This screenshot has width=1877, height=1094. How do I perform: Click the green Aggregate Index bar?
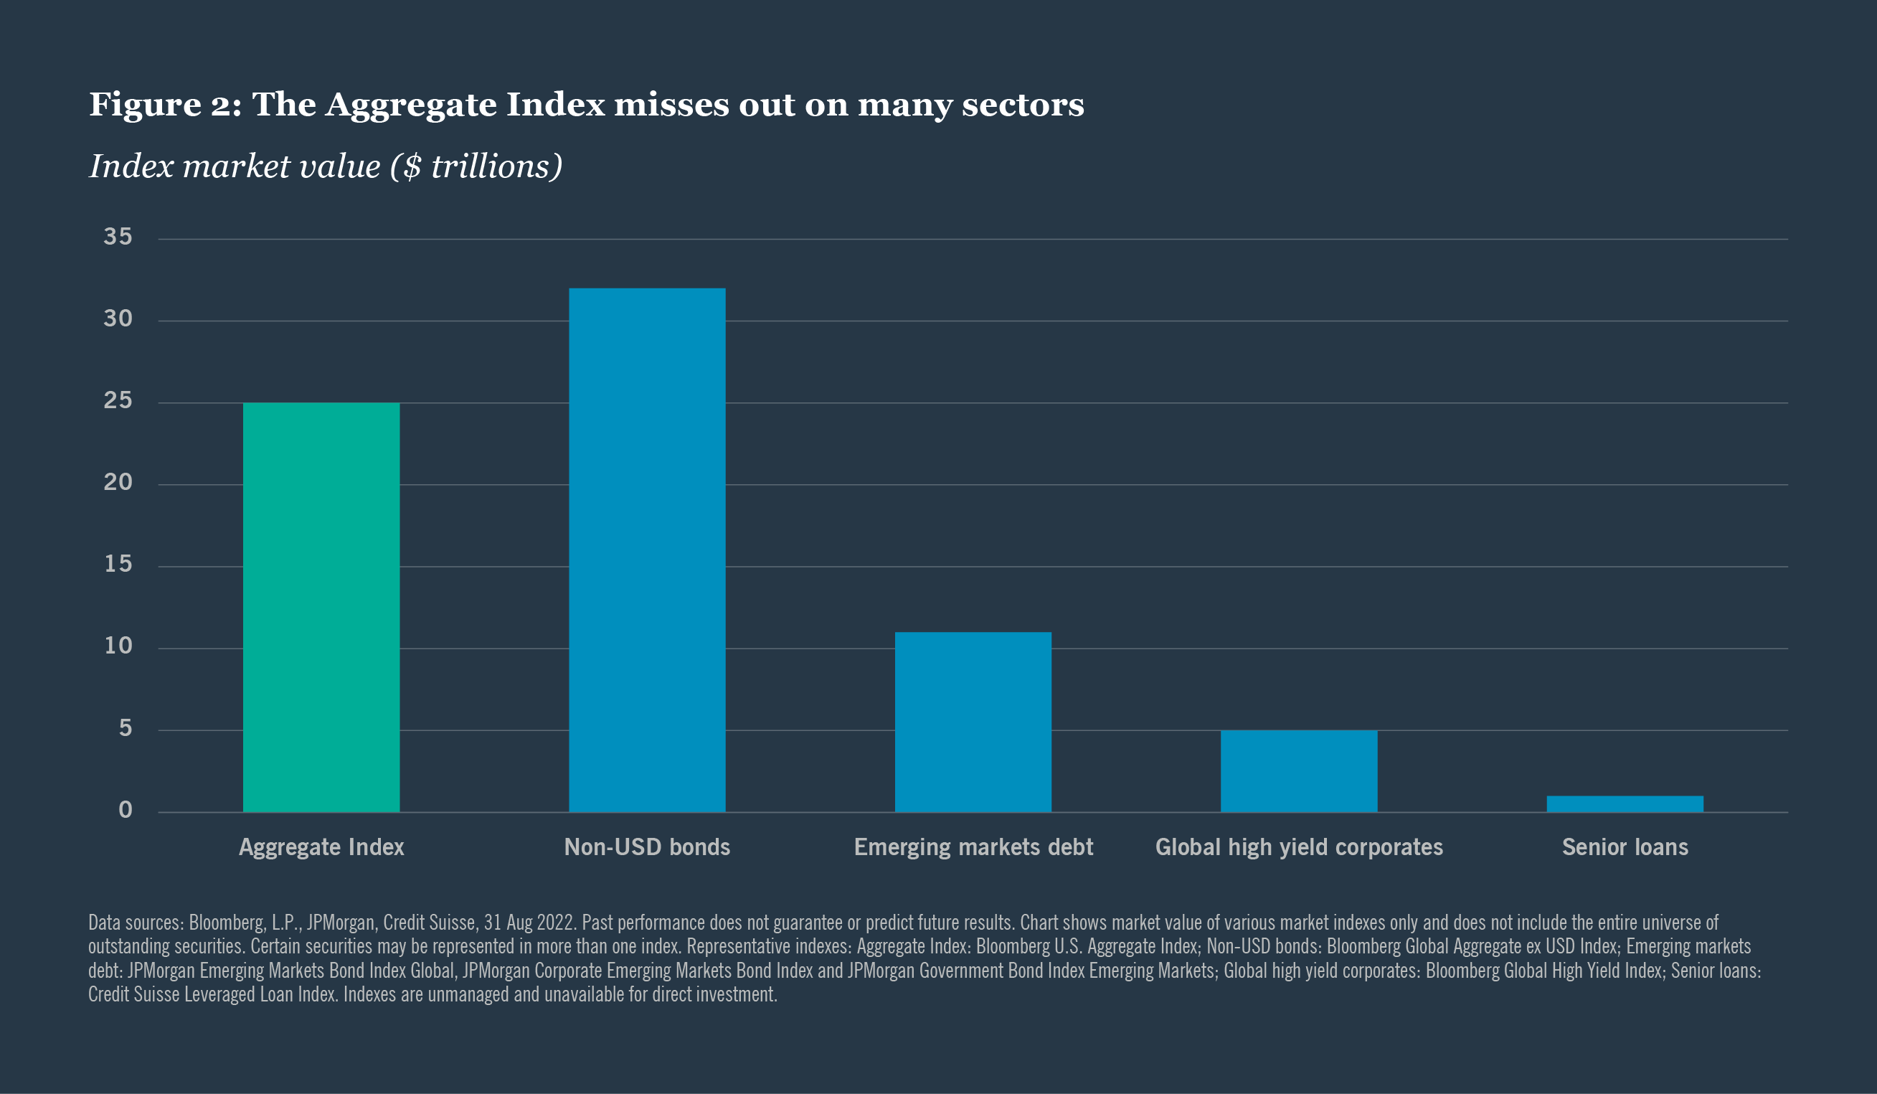[x=321, y=608]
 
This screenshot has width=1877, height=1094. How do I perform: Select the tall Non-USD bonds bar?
[x=646, y=550]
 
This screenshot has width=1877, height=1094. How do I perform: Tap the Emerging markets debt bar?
[x=973, y=722]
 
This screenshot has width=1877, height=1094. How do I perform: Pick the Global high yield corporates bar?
[x=1298, y=770]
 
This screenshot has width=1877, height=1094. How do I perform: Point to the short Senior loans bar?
[x=1625, y=804]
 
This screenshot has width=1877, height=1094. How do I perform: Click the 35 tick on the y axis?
[x=118, y=237]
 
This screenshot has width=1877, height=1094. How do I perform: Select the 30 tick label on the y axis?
[x=118, y=319]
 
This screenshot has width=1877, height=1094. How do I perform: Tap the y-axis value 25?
[x=118, y=401]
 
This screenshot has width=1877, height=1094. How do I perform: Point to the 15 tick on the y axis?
[x=118, y=564]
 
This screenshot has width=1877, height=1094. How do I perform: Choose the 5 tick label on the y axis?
[x=125, y=728]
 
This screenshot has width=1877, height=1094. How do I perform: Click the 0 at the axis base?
[x=125, y=810]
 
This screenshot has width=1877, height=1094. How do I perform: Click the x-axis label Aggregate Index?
[x=321, y=847]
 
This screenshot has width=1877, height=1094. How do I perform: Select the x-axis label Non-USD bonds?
[x=646, y=847]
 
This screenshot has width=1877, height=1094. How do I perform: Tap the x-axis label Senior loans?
[x=1625, y=847]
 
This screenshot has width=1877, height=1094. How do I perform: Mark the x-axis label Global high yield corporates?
[x=1298, y=847]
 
